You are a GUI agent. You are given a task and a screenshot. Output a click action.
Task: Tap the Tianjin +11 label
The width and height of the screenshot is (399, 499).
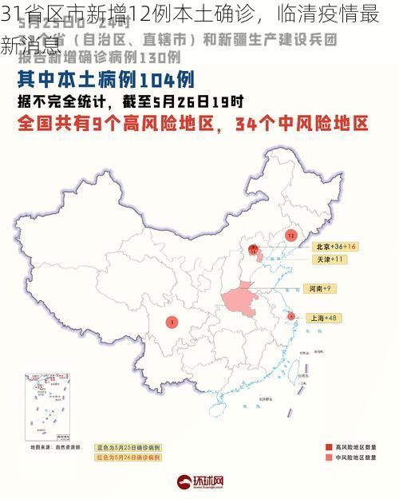(x=329, y=259)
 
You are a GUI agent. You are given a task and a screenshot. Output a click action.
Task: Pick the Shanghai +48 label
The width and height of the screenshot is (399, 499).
(x=322, y=318)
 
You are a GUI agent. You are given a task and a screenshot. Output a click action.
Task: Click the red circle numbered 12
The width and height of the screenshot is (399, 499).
(x=291, y=236)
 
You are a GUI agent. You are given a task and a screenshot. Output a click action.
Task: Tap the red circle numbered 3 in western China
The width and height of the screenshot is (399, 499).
(x=172, y=323)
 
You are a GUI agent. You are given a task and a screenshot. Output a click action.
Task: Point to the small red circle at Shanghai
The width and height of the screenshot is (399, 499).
(x=290, y=316)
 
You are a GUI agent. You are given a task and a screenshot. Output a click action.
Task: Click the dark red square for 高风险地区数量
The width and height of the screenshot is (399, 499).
(x=329, y=447)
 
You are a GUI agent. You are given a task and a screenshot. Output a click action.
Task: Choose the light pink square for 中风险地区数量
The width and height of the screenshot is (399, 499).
(x=329, y=458)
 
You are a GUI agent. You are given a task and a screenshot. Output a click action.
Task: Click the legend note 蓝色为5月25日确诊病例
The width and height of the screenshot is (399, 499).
(x=128, y=447)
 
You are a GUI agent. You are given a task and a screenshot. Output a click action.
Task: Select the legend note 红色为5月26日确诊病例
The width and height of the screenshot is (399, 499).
(x=128, y=457)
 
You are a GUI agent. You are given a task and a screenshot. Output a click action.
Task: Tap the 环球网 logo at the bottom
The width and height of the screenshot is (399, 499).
(x=199, y=481)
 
